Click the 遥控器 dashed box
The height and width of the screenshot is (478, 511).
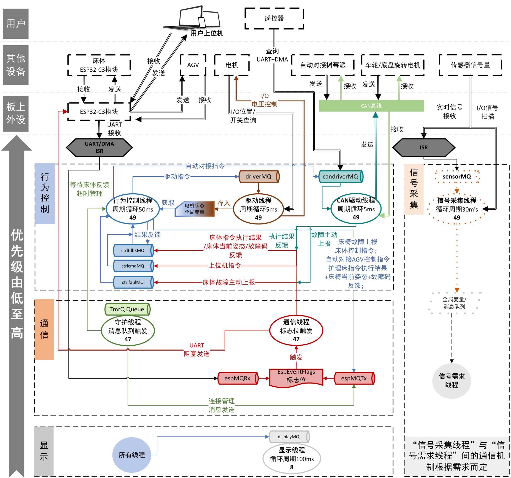[x=274, y=18]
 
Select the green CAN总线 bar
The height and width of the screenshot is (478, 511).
[x=371, y=106]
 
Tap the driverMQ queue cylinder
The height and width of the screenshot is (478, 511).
[x=259, y=177]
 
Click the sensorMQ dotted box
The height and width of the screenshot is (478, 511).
[x=457, y=177]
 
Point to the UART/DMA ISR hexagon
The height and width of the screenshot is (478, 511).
[x=99, y=147]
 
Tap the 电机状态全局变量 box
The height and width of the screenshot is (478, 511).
[x=194, y=209]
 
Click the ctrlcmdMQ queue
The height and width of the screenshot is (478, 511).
[x=133, y=266]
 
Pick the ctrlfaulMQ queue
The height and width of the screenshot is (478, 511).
[x=133, y=282]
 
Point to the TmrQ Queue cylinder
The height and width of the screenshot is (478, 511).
[x=127, y=309]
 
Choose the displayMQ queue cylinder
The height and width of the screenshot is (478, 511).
[x=289, y=437]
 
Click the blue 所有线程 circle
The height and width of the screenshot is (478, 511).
[x=132, y=455]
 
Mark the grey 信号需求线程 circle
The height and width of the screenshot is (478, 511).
[x=452, y=380]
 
